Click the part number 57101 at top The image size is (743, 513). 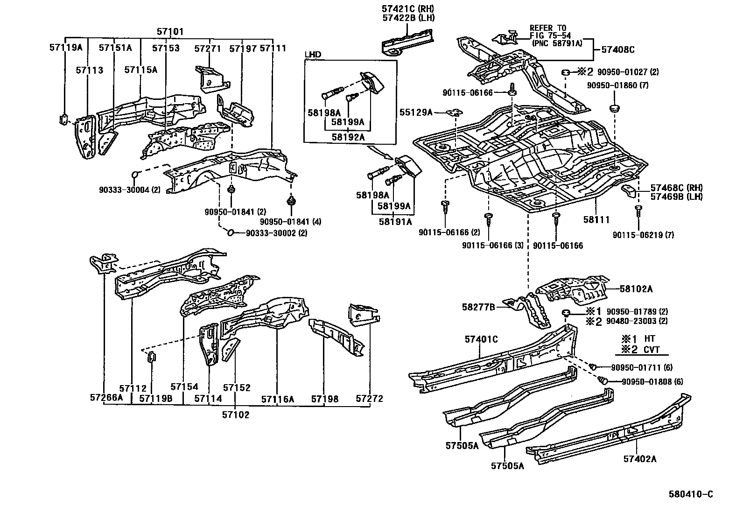tap(170, 32)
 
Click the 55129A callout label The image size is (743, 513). tap(416, 112)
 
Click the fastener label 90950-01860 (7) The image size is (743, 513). tap(617, 85)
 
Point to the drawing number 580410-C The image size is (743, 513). tap(690, 494)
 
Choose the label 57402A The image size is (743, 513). tap(639, 459)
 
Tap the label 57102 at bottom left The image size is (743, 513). tap(235, 415)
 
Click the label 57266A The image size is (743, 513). tap(106, 398)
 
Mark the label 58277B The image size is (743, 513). tap(478, 307)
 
